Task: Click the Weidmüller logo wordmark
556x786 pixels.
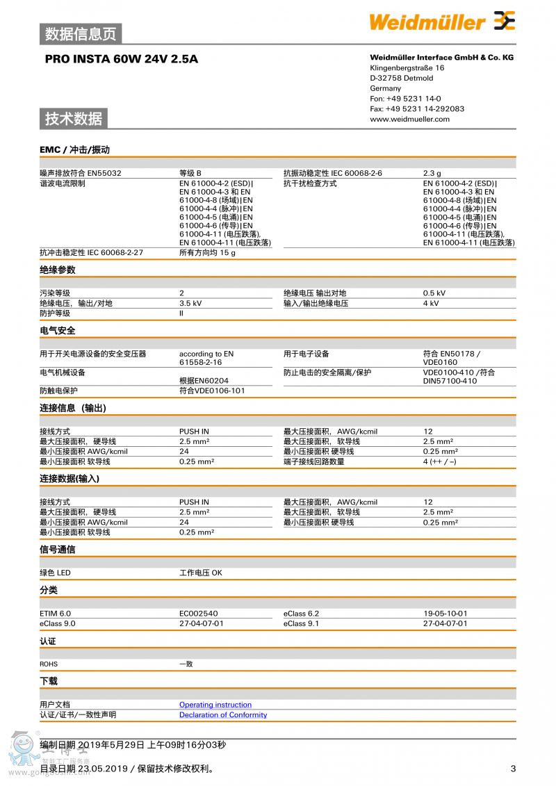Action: [427, 22]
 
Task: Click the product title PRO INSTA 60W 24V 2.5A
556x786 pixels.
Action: [122, 59]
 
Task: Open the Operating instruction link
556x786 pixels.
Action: [215, 705]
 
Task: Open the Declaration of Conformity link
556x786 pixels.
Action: [223, 714]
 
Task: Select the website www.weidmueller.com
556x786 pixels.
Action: [409, 119]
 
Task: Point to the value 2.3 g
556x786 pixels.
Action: [432, 173]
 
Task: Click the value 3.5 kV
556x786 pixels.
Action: [190, 303]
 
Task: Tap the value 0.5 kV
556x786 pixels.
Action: [434, 293]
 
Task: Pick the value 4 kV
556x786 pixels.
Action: [431, 303]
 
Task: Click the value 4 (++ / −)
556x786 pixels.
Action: [439, 461]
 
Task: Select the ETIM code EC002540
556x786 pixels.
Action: [198, 614]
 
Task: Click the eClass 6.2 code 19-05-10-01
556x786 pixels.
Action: [445, 614]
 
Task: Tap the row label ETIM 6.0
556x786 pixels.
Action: [56, 614]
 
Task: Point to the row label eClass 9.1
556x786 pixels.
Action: [301, 623]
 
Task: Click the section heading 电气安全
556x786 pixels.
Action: [58, 330]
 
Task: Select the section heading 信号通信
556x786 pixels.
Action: [58, 549]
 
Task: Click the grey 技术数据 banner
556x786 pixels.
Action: [74, 119]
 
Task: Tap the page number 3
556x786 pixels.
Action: [513, 768]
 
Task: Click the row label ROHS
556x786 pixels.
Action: [49, 664]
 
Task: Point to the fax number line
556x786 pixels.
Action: [417, 108]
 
